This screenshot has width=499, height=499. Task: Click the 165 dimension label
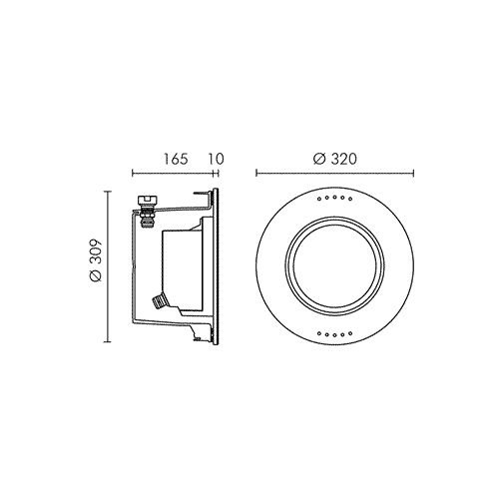(176, 159)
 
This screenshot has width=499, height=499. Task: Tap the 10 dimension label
(217, 159)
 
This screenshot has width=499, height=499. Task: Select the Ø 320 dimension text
(334, 159)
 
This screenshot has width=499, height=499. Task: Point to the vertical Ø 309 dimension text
(97, 260)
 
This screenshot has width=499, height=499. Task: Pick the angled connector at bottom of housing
(159, 301)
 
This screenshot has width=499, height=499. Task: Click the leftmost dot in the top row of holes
(319, 199)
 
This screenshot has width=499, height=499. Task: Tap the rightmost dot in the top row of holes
(350, 199)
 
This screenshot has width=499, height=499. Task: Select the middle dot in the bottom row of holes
(334, 334)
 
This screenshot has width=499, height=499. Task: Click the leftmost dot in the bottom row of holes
(319, 333)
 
